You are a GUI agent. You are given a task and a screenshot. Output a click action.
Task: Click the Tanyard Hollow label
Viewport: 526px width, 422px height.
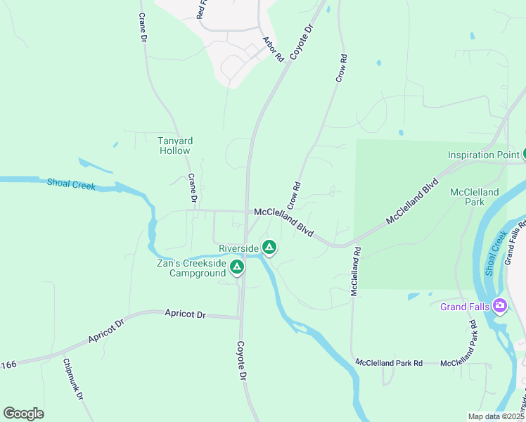pos(175,146)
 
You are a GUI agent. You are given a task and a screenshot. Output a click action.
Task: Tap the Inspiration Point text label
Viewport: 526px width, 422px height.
pos(484,155)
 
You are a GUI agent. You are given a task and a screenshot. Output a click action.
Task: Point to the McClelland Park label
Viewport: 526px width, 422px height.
pos(475,197)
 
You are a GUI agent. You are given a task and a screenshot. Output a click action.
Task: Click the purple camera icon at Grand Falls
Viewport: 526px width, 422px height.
pos(500,306)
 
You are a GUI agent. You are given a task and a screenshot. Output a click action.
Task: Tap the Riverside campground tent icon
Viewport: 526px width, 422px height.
pos(269,247)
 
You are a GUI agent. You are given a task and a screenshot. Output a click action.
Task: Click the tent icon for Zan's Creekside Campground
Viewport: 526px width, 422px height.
pos(238,267)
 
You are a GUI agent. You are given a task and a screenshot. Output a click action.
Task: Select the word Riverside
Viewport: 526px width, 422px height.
pos(238,248)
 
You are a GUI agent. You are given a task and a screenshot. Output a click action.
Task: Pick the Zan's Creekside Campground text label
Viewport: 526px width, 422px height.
pos(191,268)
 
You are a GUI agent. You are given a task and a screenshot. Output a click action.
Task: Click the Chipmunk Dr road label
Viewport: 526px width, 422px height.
pos(72,381)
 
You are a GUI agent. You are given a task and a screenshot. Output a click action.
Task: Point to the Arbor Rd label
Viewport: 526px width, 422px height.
pos(273,49)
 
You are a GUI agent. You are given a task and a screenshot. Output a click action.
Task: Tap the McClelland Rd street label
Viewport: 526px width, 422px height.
pos(357,270)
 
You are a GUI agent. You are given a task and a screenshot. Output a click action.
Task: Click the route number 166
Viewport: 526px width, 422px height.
pos(8,364)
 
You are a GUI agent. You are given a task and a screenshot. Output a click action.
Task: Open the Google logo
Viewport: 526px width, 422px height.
pos(23,414)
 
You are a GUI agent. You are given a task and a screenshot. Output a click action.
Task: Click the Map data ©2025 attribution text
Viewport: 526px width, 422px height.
pos(495,416)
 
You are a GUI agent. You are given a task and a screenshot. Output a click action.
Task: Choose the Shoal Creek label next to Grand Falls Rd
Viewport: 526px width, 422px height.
pos(499,243)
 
